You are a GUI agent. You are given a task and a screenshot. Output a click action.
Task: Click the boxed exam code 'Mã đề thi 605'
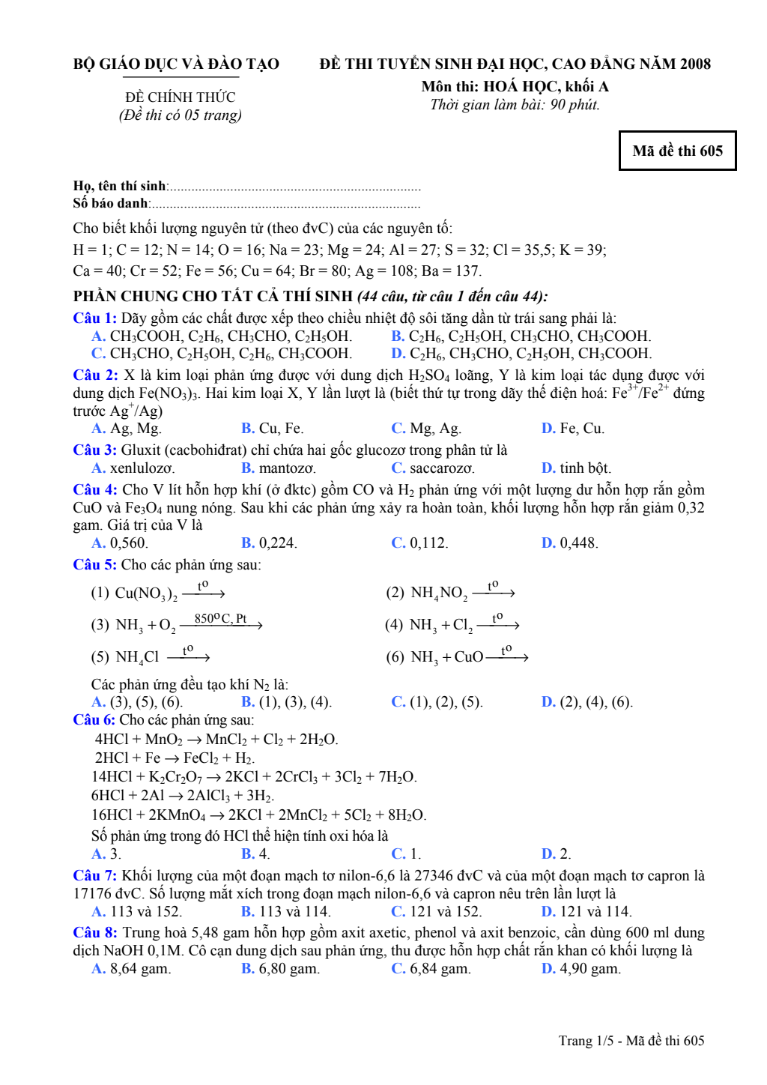pyautogui.click(x=677, y=151)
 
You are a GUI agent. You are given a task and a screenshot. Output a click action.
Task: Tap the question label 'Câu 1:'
pyautogui.click(x=94, y=318)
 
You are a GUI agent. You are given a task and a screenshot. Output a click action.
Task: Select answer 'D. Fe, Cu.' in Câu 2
pyautogui.click(x=572, y=428)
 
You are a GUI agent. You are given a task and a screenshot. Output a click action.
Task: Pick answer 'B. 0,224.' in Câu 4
pyautogui.click(x=269, y=542)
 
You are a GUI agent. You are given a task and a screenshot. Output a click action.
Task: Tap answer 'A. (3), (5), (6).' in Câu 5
pyautogui.click(x=137, y=702)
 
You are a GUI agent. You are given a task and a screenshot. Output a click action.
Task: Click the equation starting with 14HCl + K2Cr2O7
pyautogui.click(x=254, y=776)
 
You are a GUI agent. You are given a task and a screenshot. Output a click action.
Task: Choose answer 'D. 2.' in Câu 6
pyautogui.click(x=556, y=853)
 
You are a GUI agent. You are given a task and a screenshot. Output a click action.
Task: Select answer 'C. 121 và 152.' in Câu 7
pyautogui.click(x=436, y=911)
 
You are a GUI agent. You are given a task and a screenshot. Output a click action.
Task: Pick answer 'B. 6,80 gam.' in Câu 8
pyautogui.click(x=280, y=968)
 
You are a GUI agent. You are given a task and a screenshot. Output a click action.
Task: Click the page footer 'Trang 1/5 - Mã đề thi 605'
pyautogui.click(x=631, y=1040)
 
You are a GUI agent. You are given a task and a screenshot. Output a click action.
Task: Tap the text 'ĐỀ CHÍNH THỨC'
pyautogui.click(x=180, y=97)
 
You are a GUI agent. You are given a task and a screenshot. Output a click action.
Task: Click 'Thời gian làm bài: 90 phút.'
pyautogui.click(x=515, y=104)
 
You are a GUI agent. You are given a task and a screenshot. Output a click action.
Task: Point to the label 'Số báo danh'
pyautogui.click(x=110, y=203)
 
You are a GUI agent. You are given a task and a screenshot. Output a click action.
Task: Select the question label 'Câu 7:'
pyautogui.click(x=94, y=875)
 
